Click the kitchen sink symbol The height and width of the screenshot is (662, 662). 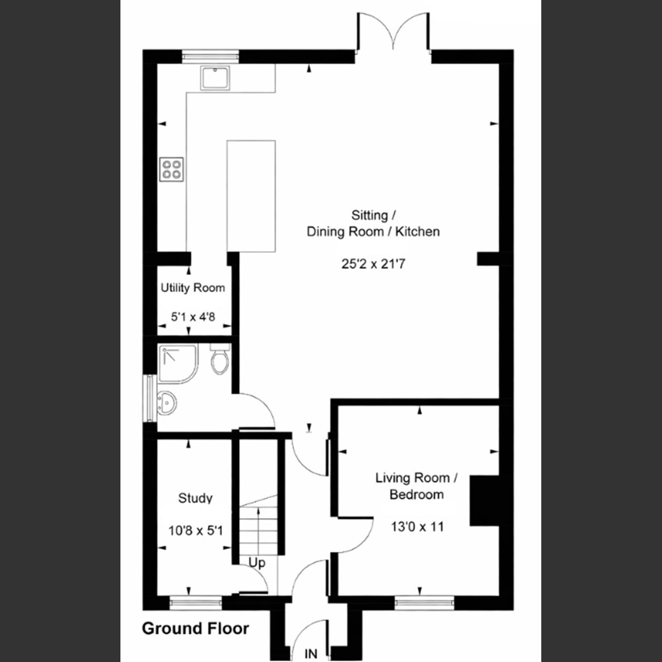(215, 78)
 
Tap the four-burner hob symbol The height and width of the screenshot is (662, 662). (171, 170)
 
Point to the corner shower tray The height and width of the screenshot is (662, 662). (177, 364)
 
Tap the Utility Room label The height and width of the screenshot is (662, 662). (193, 288)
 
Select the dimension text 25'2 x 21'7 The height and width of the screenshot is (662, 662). (373, 264)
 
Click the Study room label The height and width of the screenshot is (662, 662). (195, 498)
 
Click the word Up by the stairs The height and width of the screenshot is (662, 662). (257, 563)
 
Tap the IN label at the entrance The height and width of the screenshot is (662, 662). (311, 654)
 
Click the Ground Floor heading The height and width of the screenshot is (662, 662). (195, 629)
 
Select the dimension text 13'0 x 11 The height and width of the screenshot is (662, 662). (417, 527)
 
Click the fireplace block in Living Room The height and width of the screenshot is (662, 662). (484, 500)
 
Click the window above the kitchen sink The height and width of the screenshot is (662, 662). (210, 56)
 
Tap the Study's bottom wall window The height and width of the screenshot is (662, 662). (196, 602)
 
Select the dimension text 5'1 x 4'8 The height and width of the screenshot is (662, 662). (193, 317)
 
